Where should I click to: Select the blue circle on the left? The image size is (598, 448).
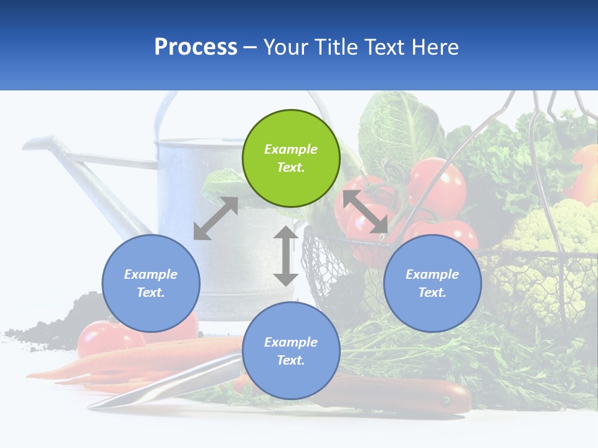[151, 283]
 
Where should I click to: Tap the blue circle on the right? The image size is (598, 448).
[432, 283]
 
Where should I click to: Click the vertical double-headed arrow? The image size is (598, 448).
[286, 256]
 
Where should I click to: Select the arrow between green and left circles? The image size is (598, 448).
[216, 218]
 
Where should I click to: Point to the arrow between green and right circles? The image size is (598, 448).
[365, 212]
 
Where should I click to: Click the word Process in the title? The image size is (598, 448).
[196, 47]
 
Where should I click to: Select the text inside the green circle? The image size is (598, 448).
[291, 158]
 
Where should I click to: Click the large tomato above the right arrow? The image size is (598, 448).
[437, 187]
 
